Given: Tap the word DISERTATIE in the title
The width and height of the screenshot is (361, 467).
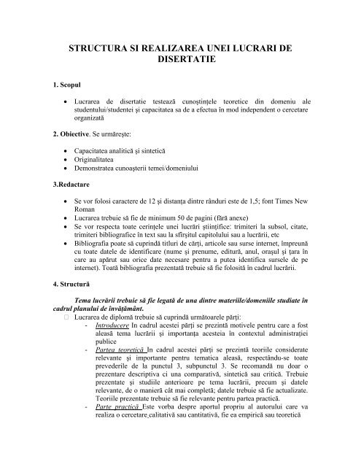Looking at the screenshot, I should click(180, 63).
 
